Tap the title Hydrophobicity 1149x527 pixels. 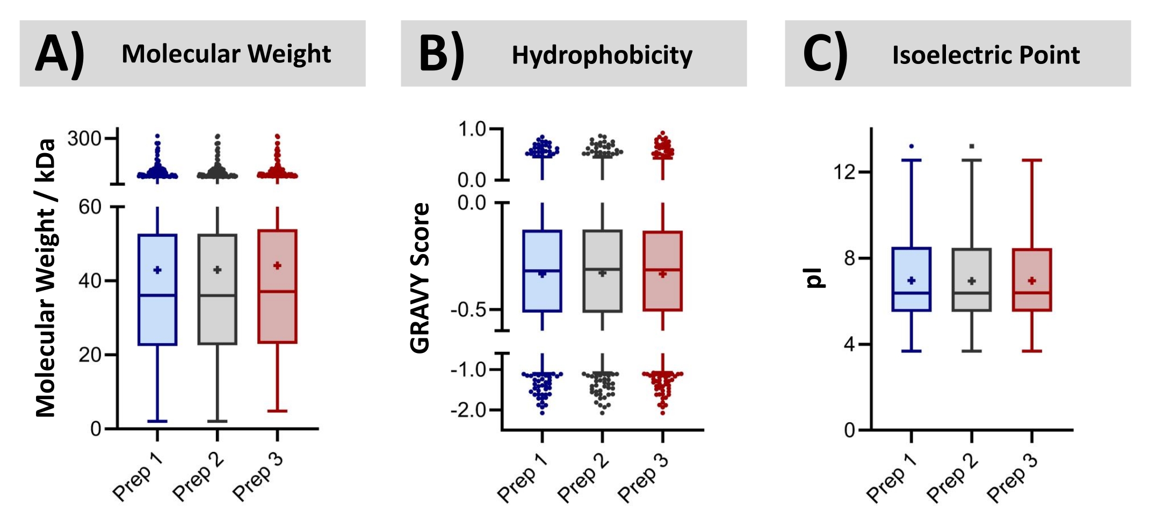click(602, 55)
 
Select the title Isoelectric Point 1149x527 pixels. click(986, 55)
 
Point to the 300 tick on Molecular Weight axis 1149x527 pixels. click(85, 139)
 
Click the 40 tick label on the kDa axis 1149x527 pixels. click(90, 280)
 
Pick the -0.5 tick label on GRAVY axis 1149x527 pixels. click(469, 310)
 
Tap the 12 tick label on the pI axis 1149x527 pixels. click(843, 172)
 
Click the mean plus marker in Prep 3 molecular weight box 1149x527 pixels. click(277, 265)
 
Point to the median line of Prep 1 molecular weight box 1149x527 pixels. click(157, 295)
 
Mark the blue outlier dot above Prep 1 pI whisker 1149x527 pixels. click(912, 146)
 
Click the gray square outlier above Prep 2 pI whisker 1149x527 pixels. click(972, 146)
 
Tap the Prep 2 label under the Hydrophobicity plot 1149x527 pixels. click(583, 477)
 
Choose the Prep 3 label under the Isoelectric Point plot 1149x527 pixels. click(1012, 477)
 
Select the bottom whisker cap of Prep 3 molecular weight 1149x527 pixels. click(277, 411)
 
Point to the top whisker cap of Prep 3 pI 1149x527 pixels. click(1032, 160)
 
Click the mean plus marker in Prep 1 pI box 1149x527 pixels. click(912, 280)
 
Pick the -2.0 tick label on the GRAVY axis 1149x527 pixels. click(468, 410)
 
